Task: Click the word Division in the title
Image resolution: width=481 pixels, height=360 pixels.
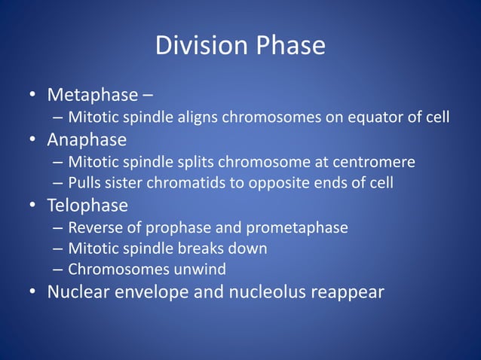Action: point(200,47)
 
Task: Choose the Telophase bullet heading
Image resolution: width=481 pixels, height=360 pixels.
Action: point(87,205)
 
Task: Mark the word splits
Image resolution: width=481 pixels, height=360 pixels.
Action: point(179,162)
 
